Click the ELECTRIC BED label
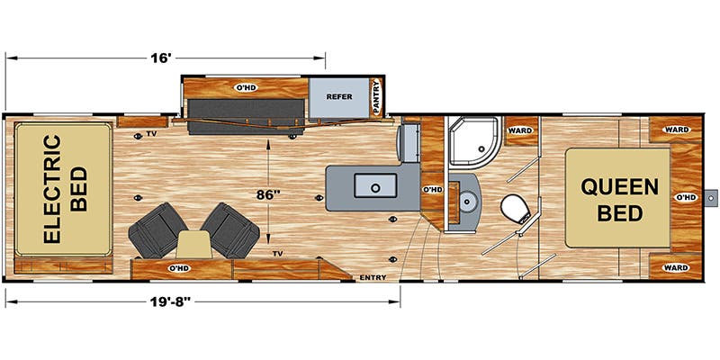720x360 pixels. [x=66, y=189]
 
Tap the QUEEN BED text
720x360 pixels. [x=619, y=200]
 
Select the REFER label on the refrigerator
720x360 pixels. [x=339, y=97]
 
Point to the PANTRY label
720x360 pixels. [x=376, y=97]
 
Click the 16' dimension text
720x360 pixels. [x=160, y=58]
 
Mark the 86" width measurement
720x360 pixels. [x=267, y=194]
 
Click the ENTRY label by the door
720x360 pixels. [x=373, y=277]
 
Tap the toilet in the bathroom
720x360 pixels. [x=516, y=211]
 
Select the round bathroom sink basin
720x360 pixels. [x=468, y=202]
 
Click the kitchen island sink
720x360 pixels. [x=375, y=186]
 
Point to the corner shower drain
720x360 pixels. [x=481, y=148]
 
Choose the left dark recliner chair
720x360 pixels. [x=157, y=229]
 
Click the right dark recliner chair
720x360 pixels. [x=230, y=229]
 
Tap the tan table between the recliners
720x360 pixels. [x=193, y=244]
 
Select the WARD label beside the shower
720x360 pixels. [x=520, y=130]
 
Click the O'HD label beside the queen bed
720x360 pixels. [x=685, y=197]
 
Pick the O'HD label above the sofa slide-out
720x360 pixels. [x=246, y=87]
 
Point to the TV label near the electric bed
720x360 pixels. [x=150, y=134]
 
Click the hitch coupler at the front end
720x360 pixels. [x=710, y=198]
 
